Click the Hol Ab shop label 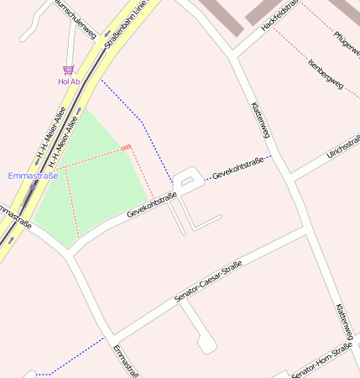pyautogui.click(x=69, y=81)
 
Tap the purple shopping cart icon pyautogui.click(x=68, y=71)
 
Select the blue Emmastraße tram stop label pyautogui.click(x=33, y=176)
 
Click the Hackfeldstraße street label pyautogui.click(x=281, y=17)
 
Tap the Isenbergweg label pyautogui.click(x=326, y=73)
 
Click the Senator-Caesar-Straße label pyautogui.click(x=208, y=281)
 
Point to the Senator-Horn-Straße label pyautogui.click(x=322, y=360)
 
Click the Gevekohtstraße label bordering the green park pyautogui.click(x=152, y=206)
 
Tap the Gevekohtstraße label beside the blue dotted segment pyautogui.click(x=238, y=167)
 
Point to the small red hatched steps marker pyautogui.click(x=126, y=148)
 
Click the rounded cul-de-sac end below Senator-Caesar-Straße pyautogui.click(x=206, y=344)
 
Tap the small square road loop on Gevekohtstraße pyautogui.click(x=188, y=178)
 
